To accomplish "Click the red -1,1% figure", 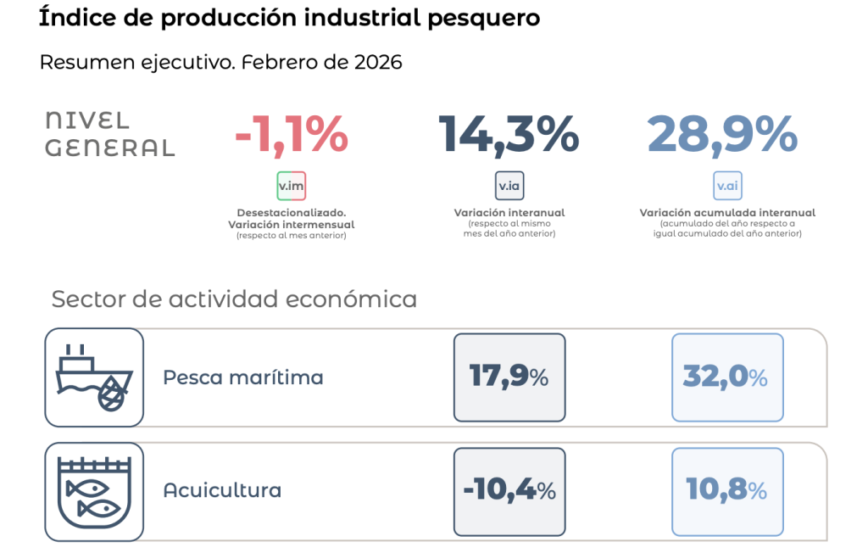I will (x=291, y=135).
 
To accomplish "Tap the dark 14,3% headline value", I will (x=509, y=135).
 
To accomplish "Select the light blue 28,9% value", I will (x=722, y=135).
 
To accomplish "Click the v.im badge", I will (x=291, y=186).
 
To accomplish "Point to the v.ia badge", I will (x=509, y=186).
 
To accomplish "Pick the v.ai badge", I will (x=727, y=186).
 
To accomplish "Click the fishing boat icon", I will (x=94, y=377).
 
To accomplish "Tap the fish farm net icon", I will (x=94, y=492).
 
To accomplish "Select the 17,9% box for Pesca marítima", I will (x=509, y=377).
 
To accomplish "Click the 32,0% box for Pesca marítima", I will (x=726, y=377).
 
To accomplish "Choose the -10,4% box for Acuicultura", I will (x=509, y=491).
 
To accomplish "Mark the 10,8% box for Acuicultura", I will (x=726, y=491).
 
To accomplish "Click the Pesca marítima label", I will (x=243, y=377).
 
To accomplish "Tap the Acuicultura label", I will (x=222, y=491).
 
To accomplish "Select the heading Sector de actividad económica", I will (x=234, y=299).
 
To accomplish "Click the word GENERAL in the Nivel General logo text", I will (x=109, y=148).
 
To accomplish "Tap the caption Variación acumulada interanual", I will (x=727, y=213).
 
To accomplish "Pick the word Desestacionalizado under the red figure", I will (x=291, y=214).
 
